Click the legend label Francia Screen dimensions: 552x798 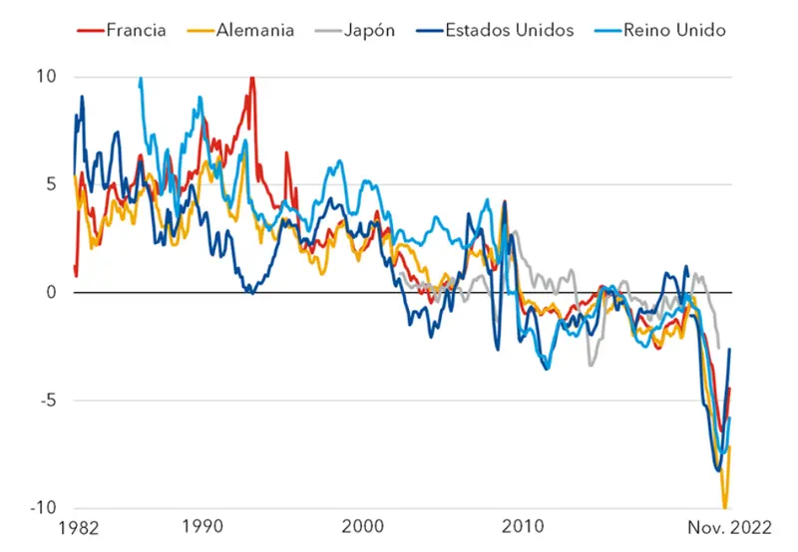[138, 30]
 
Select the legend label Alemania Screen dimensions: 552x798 [254, 30]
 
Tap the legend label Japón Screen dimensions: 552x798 [369, 30]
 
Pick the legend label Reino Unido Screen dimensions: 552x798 [673, 30]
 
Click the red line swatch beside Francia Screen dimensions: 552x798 [91, 30]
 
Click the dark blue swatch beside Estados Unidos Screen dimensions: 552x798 [426, 30]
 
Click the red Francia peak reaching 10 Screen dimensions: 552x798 [251, 78]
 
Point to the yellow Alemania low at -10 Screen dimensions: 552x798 [725, 506]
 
